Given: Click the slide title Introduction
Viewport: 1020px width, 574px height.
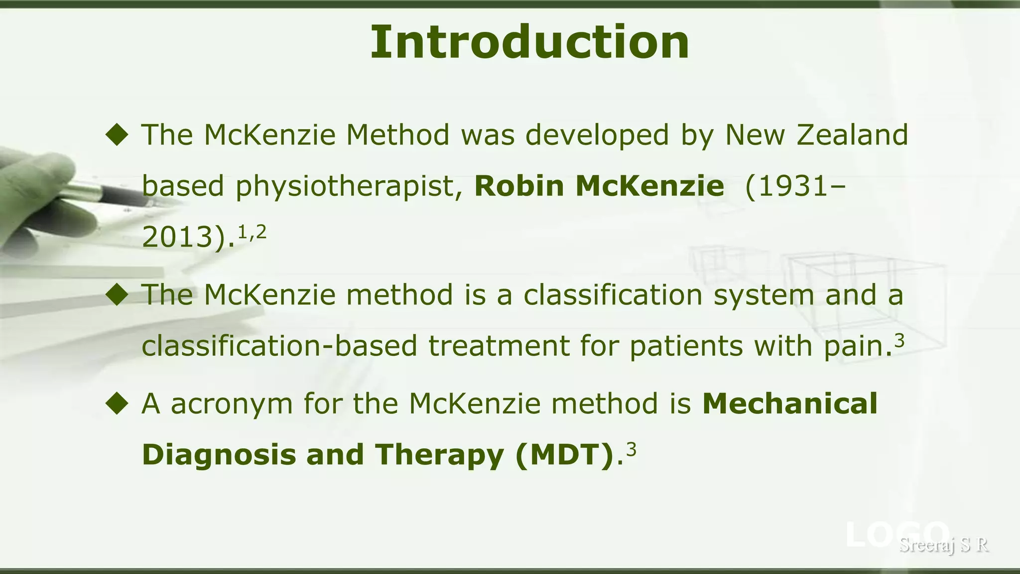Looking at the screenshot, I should (x=529, y=42).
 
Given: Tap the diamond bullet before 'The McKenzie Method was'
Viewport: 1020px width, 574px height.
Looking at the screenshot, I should (x=118, y=135).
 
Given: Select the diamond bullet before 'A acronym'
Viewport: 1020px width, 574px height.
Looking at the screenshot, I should (x=118, y=403).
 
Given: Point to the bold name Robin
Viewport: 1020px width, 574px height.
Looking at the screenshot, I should (x=519, y=186).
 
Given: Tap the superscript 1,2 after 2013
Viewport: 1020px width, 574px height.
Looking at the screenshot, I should (x=252, y=232).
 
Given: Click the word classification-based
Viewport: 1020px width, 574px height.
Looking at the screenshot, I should (x=279, y=346).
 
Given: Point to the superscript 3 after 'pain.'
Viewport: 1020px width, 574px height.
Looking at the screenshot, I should (x=899, y=340).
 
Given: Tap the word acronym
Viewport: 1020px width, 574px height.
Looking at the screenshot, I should (x=232, y=404).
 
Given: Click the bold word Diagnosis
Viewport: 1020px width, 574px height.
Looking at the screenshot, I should (x=219, y=455).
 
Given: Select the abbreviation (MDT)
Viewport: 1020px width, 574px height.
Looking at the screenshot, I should (x=564, y=455).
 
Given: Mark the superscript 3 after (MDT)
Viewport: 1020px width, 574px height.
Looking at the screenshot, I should (x=631, y=449).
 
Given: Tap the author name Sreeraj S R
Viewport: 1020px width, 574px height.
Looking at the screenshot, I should (x=944, y=545).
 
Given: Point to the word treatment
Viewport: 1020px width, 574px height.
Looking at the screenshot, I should (x=499, y=346).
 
